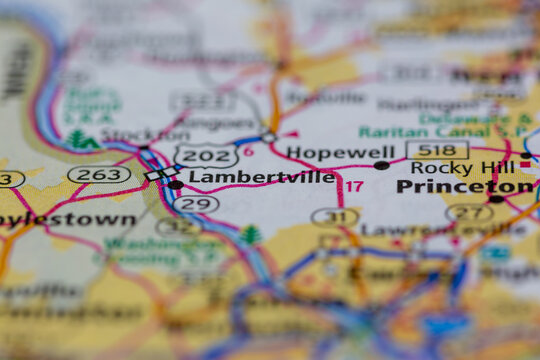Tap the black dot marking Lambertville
pyautogui.click(x=176, y=184)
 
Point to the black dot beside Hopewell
pyautogui.click(x=381, y=165)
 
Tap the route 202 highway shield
pyautogui.click(x=206, y=155)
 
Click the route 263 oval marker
pyautogui.click(x=98, y=174)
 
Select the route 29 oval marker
pyautogui.click(x=195, y=204)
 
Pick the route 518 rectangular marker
pyautogui.click(x=437, y=151)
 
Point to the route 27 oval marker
pyautogui.click(x=469, y=212)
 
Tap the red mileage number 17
pyautogui.click(x=354, y=187)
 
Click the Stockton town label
pyautogui.click(x=131, y=135)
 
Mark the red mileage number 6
pyautogui.click(x=249, y=152)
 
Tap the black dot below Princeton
pyautogui.click(x=496, y=199)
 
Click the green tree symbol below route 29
pyautogui.click(x=250, y=235)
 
